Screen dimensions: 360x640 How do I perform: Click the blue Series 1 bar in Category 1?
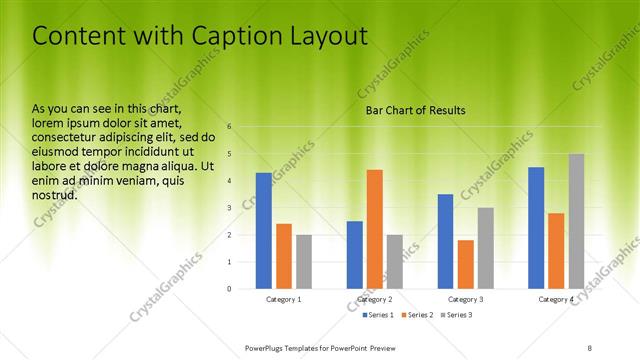(263, 231)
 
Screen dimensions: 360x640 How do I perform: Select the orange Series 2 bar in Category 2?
(374, 229)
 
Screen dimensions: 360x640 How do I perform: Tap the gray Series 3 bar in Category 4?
(576, 221)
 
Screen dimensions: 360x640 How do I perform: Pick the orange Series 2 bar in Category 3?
(465, 264)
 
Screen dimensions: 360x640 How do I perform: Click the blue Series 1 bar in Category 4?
(536, 228)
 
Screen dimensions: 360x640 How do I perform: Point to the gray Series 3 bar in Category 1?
(304, 262)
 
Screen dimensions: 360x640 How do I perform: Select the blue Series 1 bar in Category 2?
(354, 255)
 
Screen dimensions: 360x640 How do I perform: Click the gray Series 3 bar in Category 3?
(485, 248)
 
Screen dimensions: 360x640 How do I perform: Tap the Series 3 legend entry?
(458, 316)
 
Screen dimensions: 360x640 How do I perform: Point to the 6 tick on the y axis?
(230, 127)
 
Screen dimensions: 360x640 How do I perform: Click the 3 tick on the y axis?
(230, 208)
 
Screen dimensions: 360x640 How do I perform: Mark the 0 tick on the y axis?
(230, 289)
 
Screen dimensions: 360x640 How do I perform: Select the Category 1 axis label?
(284, 300)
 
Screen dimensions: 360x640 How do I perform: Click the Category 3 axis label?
(466, 300)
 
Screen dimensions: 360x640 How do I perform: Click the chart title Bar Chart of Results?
(415, 110)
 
